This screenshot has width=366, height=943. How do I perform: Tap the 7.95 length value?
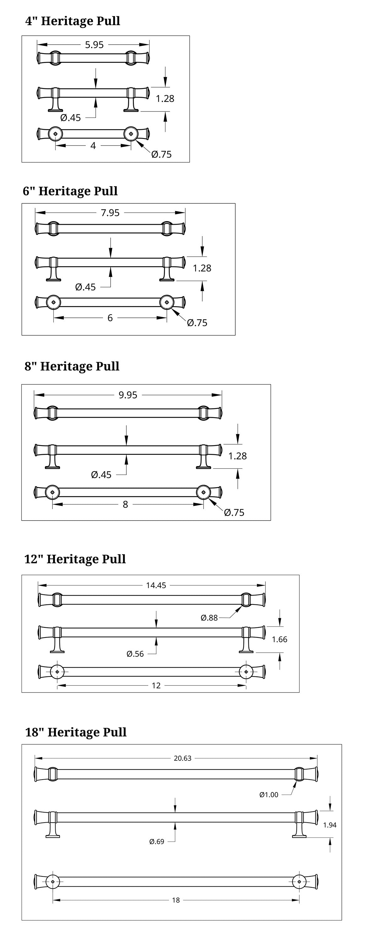110,213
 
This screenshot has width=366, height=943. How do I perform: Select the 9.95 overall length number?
128,395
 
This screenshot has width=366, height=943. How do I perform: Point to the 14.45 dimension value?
156,585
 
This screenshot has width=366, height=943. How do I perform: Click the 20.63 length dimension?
182,758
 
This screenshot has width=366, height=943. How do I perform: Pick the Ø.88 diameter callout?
209,618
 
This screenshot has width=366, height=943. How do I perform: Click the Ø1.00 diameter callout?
269,795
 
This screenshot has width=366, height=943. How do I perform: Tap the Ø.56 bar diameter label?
135,654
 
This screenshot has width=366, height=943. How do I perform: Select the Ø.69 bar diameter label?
157,841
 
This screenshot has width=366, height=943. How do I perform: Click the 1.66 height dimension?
279,639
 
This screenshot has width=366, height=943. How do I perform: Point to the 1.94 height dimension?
329,825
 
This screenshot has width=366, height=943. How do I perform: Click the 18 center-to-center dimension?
176,900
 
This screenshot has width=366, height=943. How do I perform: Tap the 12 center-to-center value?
156,685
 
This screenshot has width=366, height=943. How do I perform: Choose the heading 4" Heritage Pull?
73,21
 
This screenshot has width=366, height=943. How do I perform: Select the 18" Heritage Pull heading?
76,732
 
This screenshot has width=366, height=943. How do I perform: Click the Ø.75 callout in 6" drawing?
197,323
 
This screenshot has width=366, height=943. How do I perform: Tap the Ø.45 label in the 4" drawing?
70,118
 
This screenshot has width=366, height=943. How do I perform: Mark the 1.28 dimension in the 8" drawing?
237,456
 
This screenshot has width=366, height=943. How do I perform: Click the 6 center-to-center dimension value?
110,318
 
